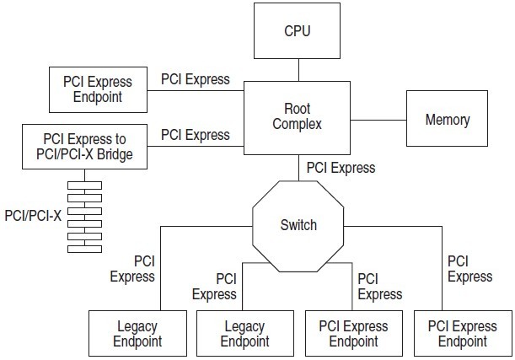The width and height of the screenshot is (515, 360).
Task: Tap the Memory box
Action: point(447,120)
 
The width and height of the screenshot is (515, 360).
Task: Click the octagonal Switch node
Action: point(298,225)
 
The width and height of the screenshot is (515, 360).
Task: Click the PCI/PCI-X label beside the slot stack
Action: point(33,215)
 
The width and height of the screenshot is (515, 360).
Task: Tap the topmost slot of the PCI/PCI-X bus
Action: point(84,185)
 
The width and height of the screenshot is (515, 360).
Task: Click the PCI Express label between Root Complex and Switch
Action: point(341,167)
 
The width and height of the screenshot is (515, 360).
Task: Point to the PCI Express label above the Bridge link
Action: point(195,134)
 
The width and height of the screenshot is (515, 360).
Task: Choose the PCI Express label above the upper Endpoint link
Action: point(195,79)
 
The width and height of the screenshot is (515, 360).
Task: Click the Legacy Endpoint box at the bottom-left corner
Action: point(126,333)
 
